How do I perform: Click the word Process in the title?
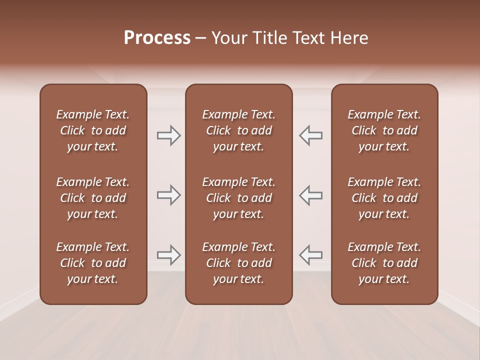(x=157, y=38)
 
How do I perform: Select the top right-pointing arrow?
(x=169, y=135)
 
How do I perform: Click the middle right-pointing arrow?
(x=169, y=195)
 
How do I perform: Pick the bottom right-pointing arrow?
(x=169, y=255)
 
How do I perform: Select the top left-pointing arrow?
(x=311, y=135)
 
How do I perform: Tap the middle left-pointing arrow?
(x=311, y=195)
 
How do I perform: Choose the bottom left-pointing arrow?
(x=311, y=255)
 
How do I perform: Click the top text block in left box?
(x=93, y=130)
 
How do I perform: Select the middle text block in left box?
(x=93, y=198)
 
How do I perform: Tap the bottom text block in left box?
(x=93, y=263)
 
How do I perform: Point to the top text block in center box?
(x=239, y=130)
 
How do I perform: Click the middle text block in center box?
(x=239, y=198)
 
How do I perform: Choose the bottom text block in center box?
(x=239, y=263)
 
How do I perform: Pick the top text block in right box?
(x=384, y=130)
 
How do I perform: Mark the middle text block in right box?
(x=384, y=198)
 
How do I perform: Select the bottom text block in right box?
(x=384, y=263)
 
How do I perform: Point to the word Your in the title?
(x=228, y=38)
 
